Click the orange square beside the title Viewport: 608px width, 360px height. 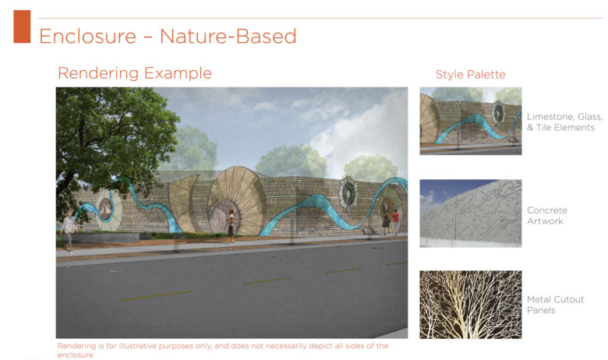coord(22,26)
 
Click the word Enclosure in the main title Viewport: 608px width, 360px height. coord(87,37)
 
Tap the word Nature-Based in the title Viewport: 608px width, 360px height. coord(228,37)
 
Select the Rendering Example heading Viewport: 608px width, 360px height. coord(135,72)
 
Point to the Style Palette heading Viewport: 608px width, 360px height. coord(470,74)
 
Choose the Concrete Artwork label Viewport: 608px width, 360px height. coord(546,216)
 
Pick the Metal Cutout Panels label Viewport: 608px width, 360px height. coord(555,305)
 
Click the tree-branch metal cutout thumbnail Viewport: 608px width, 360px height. coord(470,305)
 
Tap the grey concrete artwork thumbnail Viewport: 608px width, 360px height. coord(470,214)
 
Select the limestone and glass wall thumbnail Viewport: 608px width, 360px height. coord(470,121)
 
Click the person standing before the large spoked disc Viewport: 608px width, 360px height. coord(230,225)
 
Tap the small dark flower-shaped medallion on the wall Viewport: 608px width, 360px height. coord(348,193)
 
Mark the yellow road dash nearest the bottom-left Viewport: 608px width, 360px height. coord(156,295)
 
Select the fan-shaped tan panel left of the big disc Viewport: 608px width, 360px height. coord(183,202)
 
